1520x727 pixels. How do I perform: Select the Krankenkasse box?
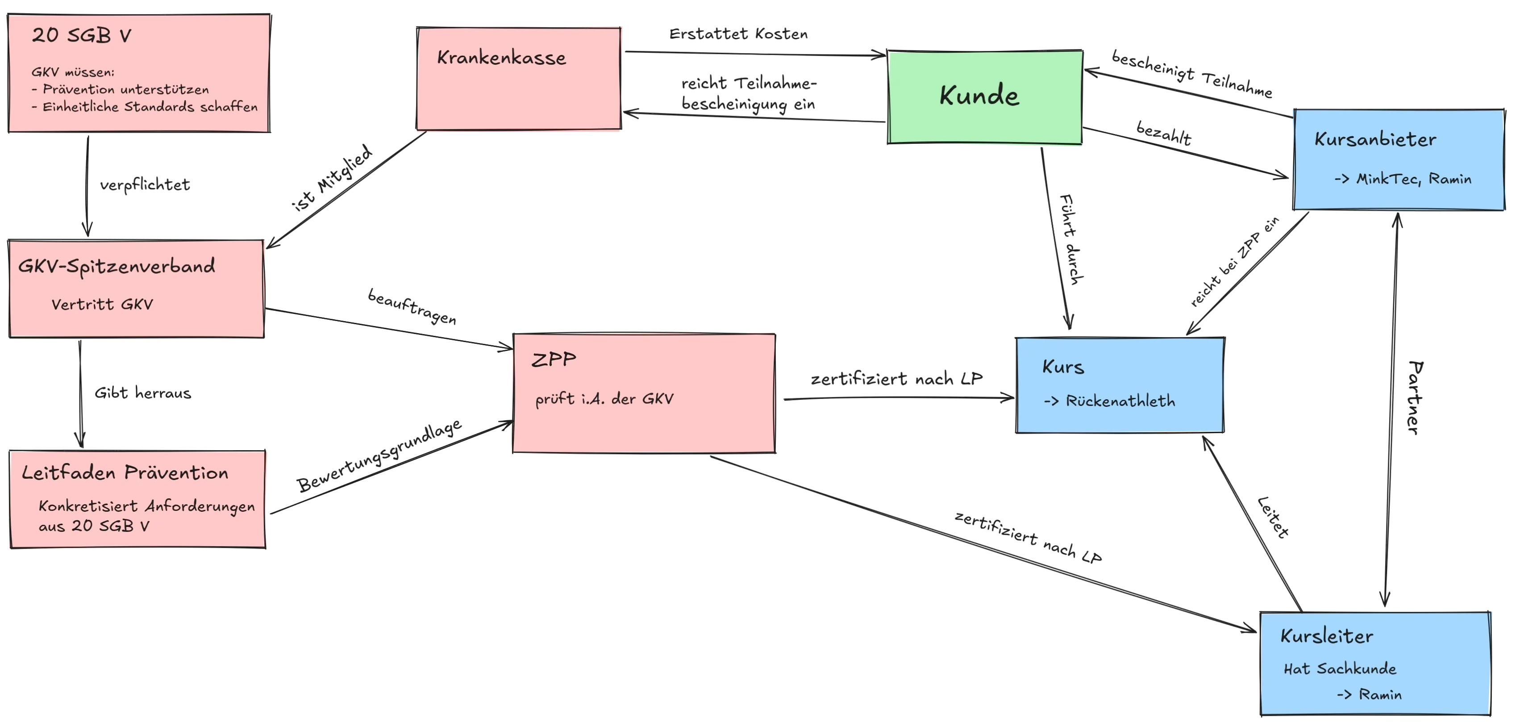point(519,79)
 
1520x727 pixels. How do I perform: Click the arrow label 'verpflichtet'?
point(145,185)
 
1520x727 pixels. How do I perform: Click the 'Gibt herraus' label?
point(143,393)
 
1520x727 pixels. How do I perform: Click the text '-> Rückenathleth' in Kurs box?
point(1109,401)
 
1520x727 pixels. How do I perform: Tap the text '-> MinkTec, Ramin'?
point(1403,179)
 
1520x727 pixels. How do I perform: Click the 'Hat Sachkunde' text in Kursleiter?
point(1340,669)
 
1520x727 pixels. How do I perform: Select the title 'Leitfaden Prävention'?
point(125,472)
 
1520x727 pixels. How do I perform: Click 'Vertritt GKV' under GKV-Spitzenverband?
point(102,305)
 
